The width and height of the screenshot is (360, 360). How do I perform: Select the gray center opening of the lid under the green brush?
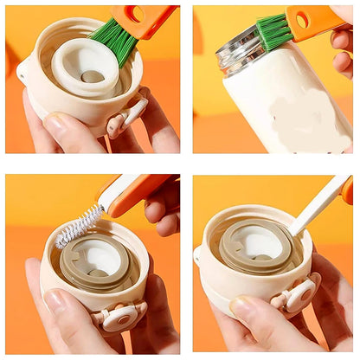coord(92,77)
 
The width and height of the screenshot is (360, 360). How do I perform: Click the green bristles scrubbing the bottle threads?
coord(273,32)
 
